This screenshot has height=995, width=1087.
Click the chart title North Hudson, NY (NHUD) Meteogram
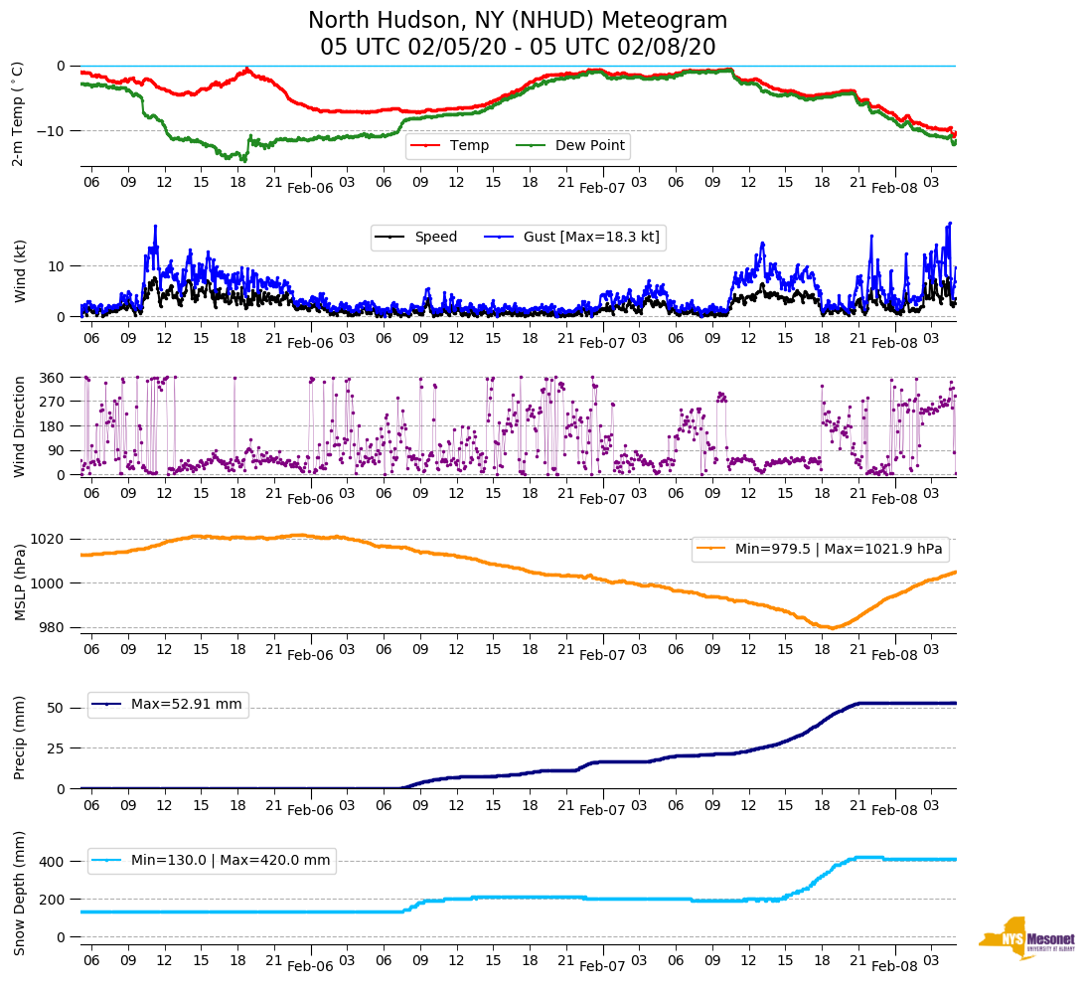pyautogui.click(x=518, y=21)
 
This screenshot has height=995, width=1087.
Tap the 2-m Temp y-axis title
pyautogui.click(x=18, y=113)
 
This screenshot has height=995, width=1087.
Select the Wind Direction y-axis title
pyautogui.click(x=18, y=426)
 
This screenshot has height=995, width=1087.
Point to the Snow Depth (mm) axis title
pyautogui.click(x=18, y=892)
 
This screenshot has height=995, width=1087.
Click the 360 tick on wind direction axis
pyautogui.click(x=52, y=378)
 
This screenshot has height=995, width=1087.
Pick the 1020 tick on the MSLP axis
pyautogui.click(x=49, y=539)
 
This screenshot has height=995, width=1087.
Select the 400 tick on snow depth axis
pyautogui.click(x=52, y=861)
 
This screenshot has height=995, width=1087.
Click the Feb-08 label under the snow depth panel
pyautogui.click(x=894, y=966)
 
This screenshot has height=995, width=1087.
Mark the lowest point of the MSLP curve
pyautogui.click(x=831, y=627)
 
